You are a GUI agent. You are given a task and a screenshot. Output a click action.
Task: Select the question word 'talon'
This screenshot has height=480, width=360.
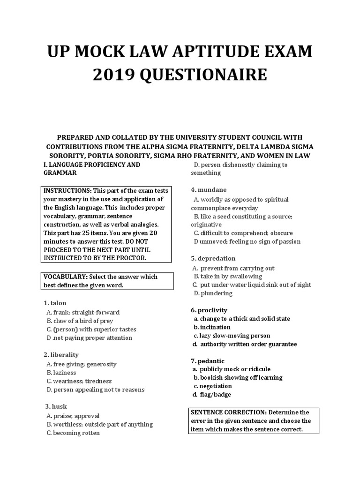point(59,303)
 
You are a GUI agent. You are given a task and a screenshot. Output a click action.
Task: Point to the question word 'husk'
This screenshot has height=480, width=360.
point(60,406)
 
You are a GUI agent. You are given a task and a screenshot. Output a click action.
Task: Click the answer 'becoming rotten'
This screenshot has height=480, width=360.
point(76,433)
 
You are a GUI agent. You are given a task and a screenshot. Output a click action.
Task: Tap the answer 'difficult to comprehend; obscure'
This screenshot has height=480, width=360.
point(250,233)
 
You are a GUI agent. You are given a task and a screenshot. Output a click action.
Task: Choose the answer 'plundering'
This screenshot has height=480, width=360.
point(217,293)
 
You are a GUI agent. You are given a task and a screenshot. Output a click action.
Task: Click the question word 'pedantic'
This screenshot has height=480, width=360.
point(211,360)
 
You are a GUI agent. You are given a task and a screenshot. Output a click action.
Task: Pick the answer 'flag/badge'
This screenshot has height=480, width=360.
point(215,394)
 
